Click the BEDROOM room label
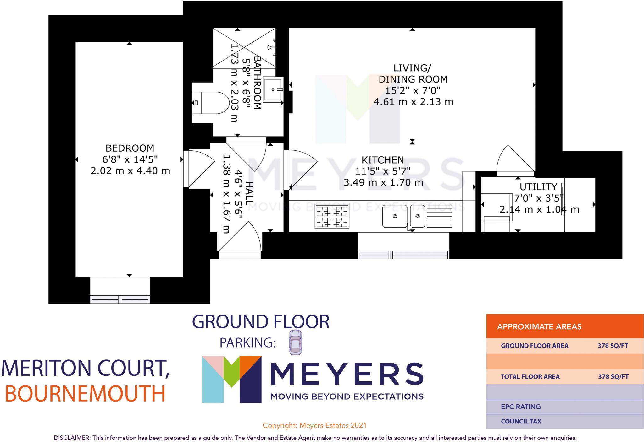point(130,148)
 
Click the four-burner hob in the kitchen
point(332,217)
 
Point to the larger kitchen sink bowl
point(395,216)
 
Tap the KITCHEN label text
point(382,160)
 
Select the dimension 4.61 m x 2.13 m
point(413,102)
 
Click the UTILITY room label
point(538,187)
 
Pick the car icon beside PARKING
point(295,342)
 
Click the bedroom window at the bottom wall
point(120,299)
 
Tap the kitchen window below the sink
point(404,255)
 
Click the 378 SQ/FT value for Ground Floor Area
point(613,346)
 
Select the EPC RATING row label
point(521,407)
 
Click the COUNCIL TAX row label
point(521,421)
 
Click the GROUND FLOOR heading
point(261,322)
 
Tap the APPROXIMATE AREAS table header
point(539,327)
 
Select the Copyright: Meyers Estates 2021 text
point(314,426)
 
